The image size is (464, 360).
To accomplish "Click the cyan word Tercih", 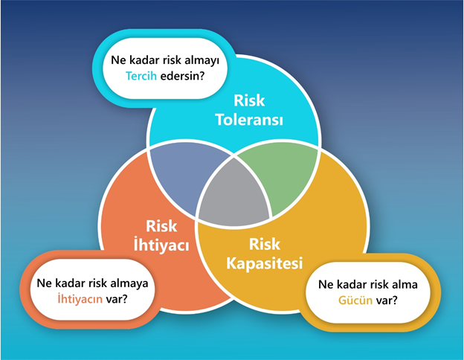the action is tap(141, 76).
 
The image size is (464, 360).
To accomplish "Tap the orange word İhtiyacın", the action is tap(80, 299).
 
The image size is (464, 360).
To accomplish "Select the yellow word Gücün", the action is tap(355, 300).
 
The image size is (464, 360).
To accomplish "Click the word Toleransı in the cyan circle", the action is tap(249, 120).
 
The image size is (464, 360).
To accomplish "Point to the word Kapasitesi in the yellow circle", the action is tap(265, 263).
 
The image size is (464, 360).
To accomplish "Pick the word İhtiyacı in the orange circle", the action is tap(161, 245).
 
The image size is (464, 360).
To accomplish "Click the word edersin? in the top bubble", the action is tap(183, 76).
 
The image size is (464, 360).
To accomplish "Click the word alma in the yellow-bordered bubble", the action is tap(405, 285).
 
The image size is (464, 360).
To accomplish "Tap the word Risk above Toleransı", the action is tap(249, 100).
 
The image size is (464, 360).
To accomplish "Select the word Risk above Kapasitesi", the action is tap(265, 244).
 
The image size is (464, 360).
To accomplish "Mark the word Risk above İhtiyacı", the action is tap(161, 226).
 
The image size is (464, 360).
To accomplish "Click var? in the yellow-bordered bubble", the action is tap(387, 300).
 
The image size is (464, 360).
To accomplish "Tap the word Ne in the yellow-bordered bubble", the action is tap(326, 285).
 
